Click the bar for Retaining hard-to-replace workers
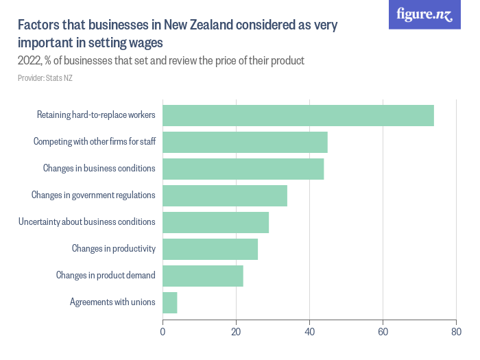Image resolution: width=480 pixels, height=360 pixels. pyautogui.click(x=298, y=115)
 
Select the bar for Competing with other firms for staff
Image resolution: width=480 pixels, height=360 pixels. pyautogui.click(x=245, y=142)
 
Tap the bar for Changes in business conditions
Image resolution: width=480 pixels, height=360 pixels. pyautogui.click(x=243, y=169)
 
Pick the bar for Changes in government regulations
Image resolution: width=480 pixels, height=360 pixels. pyautogui.click(x=225, y=195)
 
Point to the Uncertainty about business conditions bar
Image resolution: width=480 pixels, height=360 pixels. pyautogui.click(x=215, y=222)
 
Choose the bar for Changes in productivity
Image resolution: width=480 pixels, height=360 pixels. pyautogui.click(x=210, y=249)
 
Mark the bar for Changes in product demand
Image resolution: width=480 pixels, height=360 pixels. pyautogui.click(x=203, y=276)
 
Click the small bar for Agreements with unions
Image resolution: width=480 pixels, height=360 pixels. pyautogui.click(x=170, y=302)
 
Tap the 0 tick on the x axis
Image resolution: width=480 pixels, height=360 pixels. pyautogui.click(x=163, y=332)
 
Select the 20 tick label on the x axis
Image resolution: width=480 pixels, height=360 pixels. pyautogui.click(x=237, y=332)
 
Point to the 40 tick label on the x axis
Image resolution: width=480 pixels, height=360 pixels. pyautogui.click(x=310, y=332)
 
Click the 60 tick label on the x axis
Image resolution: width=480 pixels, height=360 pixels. pyautogui.click(x=383, y=332)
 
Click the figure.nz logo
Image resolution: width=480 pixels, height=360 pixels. pyautogui.click(x=424, y=14)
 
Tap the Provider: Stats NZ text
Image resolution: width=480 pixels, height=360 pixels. pyautogui.click(x=45, y=78)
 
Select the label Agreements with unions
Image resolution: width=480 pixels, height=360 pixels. pyautogui.click(x=112, y=302)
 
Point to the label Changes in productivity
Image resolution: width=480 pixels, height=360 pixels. pyautogui.click(x=114, y=249)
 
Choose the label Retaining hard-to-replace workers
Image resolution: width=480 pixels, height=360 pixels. pyautogui.click(x=96, y=115)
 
